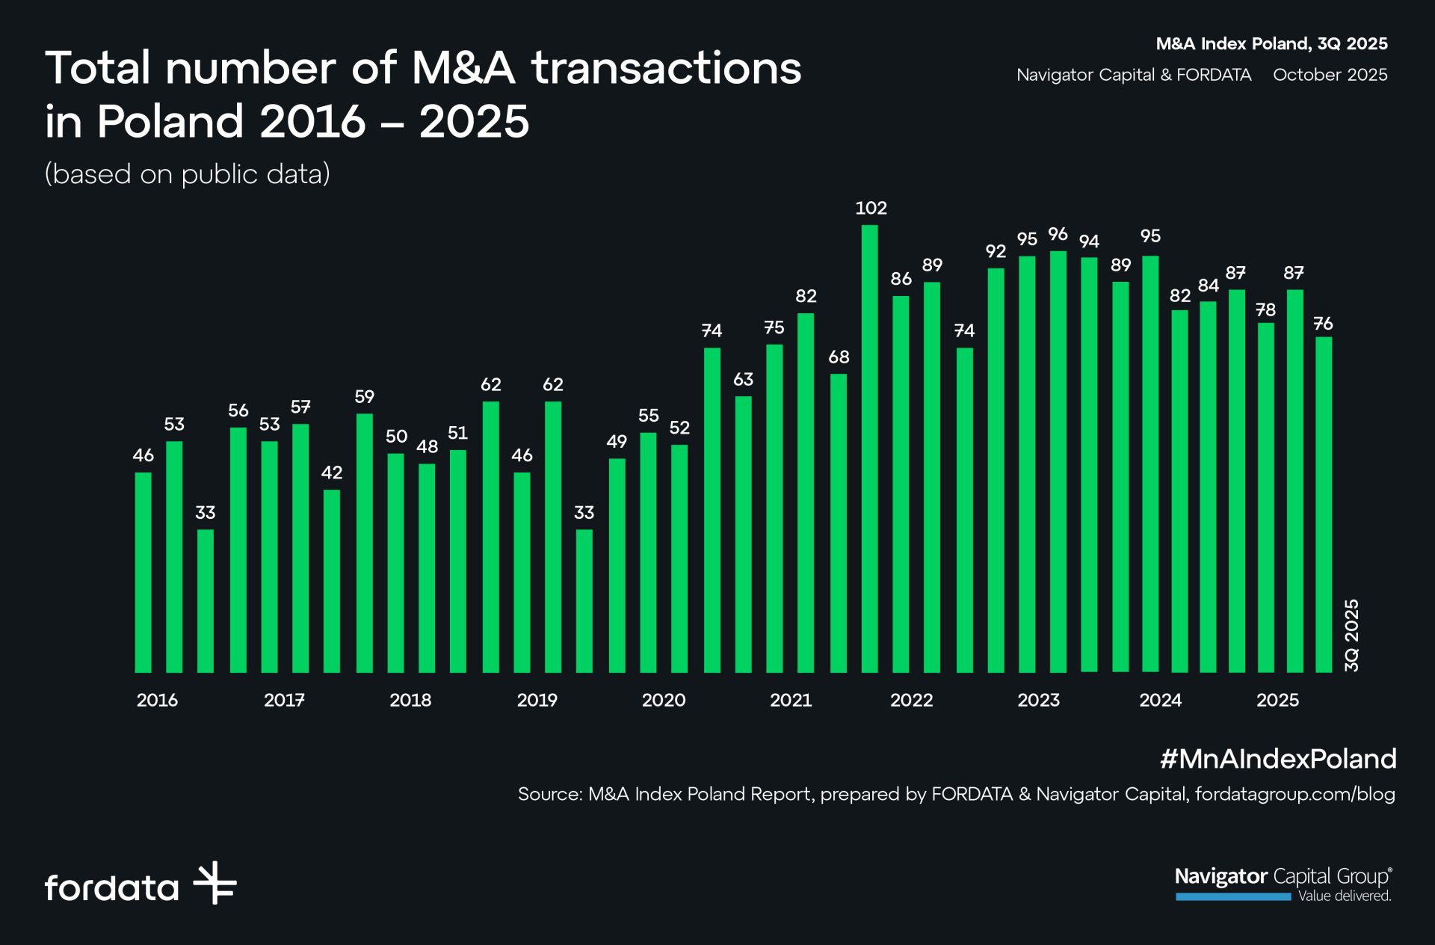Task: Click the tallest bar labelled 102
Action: [x=869, y=449]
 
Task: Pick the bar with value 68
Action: [x=839, y=523]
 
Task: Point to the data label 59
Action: [x=364, y=396]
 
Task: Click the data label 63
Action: [x=743, y=379]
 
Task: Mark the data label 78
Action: [x=1265, y=310]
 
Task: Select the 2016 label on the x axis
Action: [x=157, y=700]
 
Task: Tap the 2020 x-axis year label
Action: [x=663, y=700]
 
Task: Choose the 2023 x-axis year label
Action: [x=1038, y=700]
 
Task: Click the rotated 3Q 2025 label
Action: [x=1351, y=635]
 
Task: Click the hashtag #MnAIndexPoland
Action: [x=1277, y=759]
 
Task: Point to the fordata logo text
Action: [x=112, y=887]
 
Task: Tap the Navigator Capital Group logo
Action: [x=1283, y=884]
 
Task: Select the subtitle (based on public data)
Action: [x=187, y=173]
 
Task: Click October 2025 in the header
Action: [x=1330, y=75]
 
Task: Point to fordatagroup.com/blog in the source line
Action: [x=1294, y=794]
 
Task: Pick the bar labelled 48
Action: [x=427, y=567]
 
